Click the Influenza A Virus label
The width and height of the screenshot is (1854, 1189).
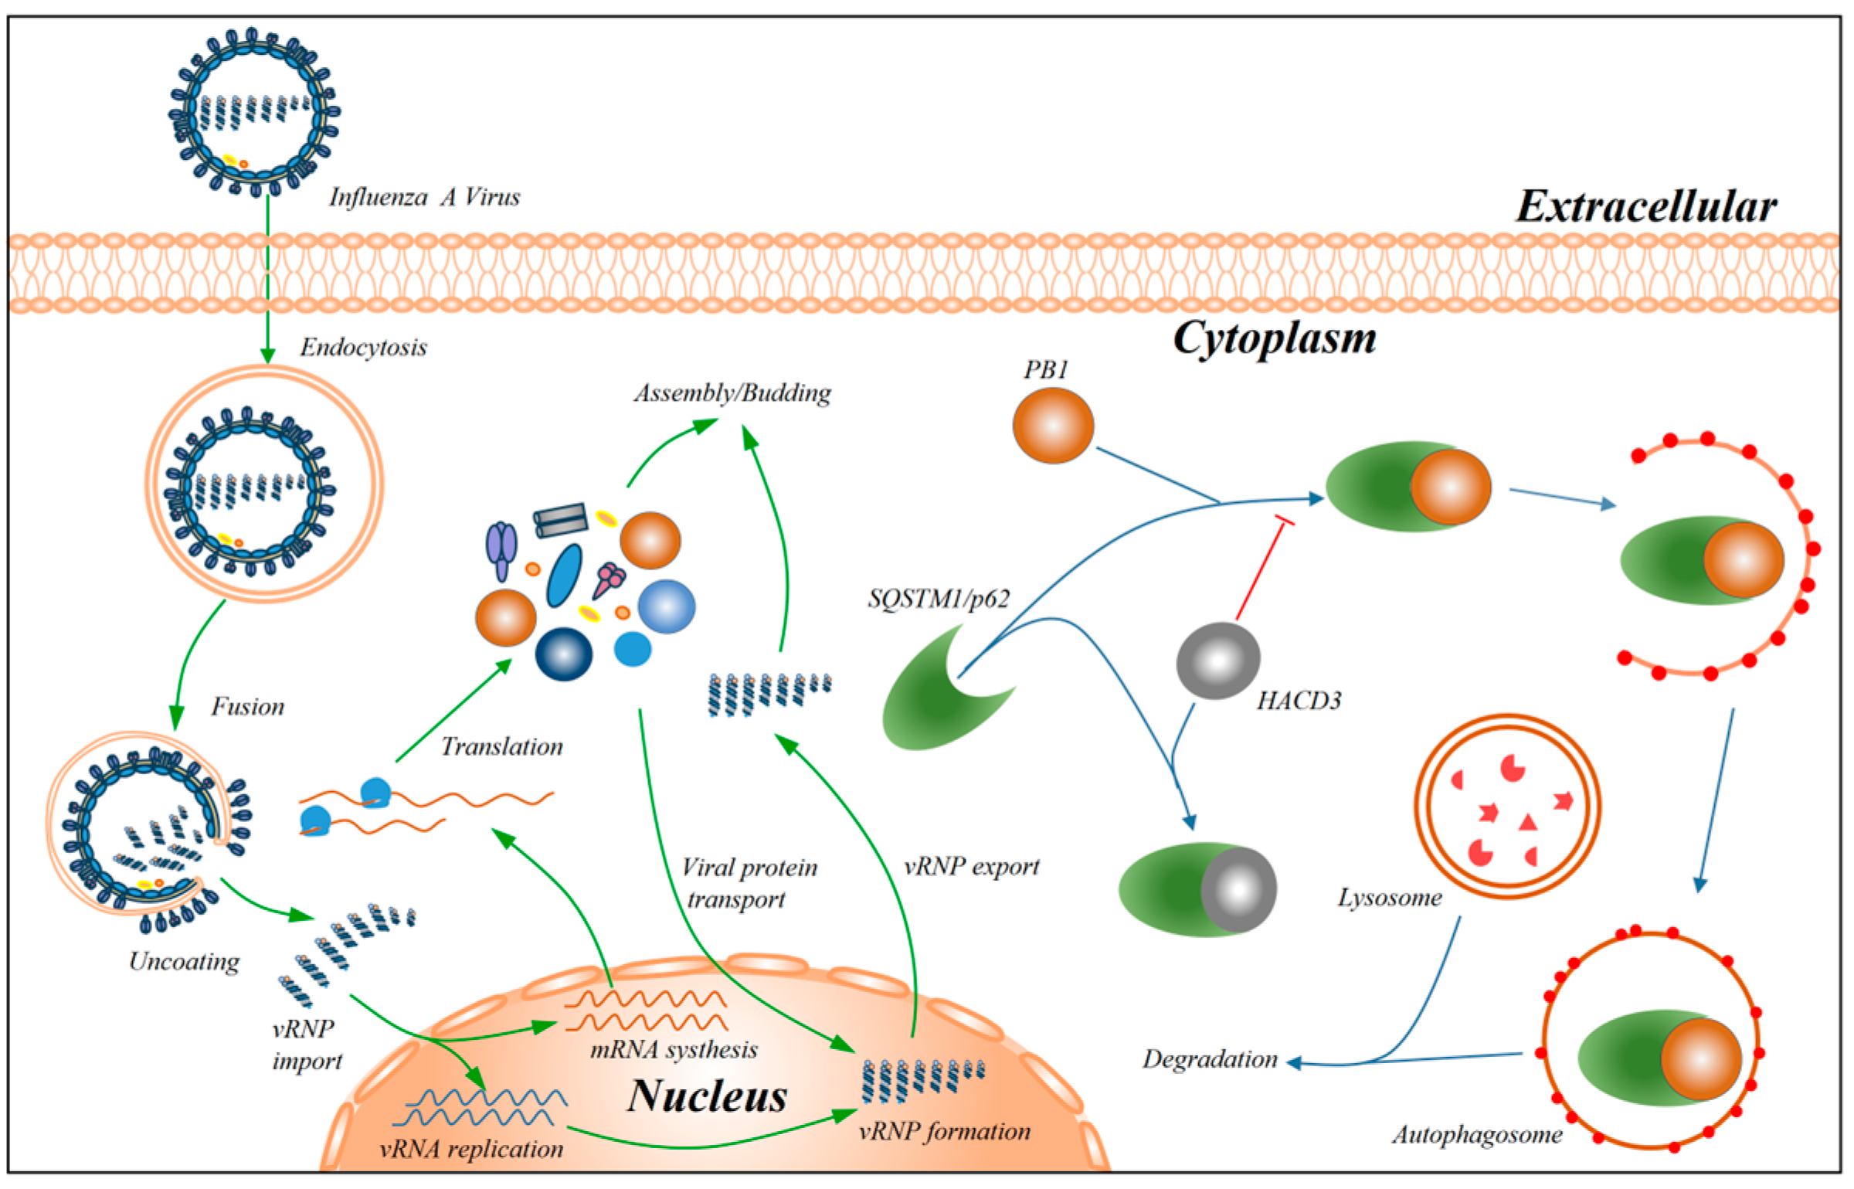[x=424, y=198]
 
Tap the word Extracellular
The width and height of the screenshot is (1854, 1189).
[x=1645, y=207]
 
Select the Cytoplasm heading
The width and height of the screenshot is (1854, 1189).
[x=1274, y=338]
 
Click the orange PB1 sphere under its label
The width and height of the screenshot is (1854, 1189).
[x=1053, y=426]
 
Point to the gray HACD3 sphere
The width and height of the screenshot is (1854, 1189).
[x=1218, y=661]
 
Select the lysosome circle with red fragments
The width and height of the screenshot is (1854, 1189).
[x=1507, y=806]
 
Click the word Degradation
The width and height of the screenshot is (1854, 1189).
[x=1210, y=1059]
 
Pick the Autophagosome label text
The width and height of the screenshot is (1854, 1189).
[x=1477, y=1135]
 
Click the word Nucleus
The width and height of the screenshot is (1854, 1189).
[x=706, y=1096]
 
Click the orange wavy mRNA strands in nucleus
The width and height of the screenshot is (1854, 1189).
[x=646, y=1011]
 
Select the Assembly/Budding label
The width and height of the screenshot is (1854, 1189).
[x=732, y=393]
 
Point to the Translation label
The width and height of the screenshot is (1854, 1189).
[x=501, y=746]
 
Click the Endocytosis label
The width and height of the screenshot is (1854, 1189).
[x=363, y=348]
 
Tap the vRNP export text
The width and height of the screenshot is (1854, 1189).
[x=971, y=866]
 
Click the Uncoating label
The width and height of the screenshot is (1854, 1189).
[x=184, y=961]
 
